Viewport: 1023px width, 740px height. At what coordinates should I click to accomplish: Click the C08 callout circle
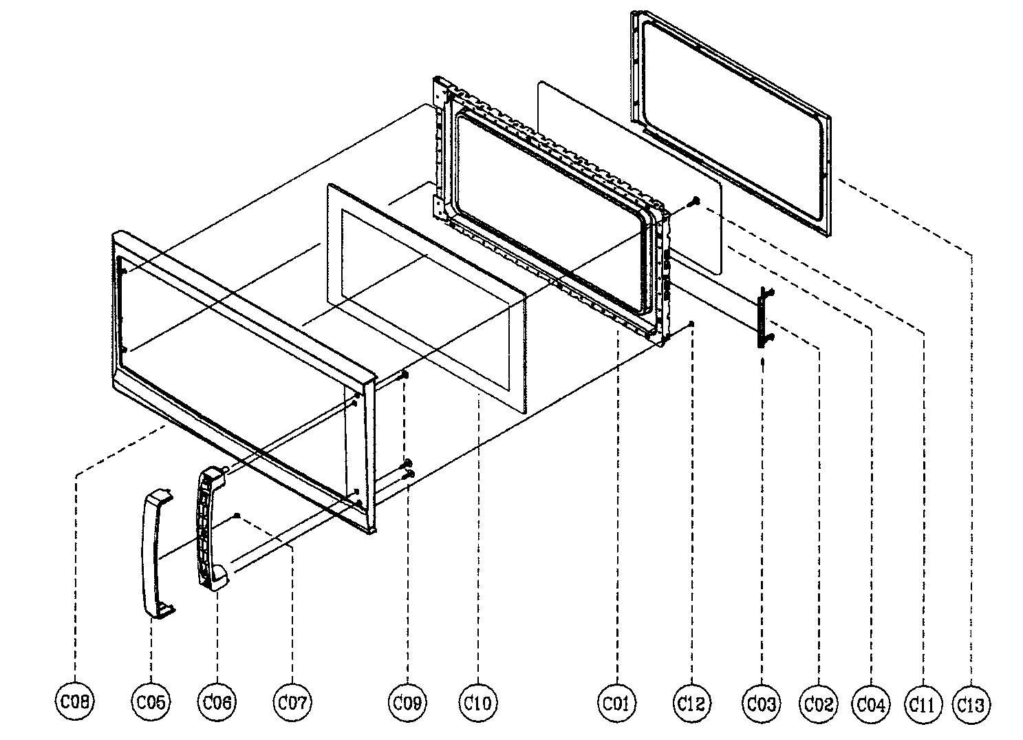[x=74, y=701]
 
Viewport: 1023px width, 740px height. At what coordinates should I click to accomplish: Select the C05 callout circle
[x=151, y=701]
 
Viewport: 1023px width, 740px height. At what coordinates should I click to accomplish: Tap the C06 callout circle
[x=217, y=701]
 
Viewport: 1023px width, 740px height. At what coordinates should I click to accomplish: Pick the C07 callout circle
[x=292, y=701]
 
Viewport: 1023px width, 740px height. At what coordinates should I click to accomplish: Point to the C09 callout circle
[x=409, y=701]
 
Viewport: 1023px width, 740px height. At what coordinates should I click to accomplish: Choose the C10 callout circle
[x=477, y=701]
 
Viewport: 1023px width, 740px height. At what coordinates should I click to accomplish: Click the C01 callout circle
[x=617, y=701]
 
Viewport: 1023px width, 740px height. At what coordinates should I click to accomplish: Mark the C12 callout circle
[x=691, y=701]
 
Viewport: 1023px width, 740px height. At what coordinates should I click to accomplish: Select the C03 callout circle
[x=762, y=703]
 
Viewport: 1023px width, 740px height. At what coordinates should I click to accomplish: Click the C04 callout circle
[x=871, y=703]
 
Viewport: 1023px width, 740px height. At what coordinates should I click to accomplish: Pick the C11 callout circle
[x=922, y=703]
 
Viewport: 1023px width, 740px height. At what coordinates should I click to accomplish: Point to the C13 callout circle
[x=971, y=703]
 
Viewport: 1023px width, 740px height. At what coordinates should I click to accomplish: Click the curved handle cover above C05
[x=155, y=551]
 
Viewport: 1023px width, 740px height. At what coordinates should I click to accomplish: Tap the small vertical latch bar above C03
[x=764, y=317]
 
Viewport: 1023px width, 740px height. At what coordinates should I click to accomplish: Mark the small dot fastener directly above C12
[x=691, y=324]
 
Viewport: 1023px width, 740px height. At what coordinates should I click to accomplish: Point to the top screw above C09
[x=405, y=374]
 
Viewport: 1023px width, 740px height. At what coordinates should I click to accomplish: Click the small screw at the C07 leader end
[x=237, y=515]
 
